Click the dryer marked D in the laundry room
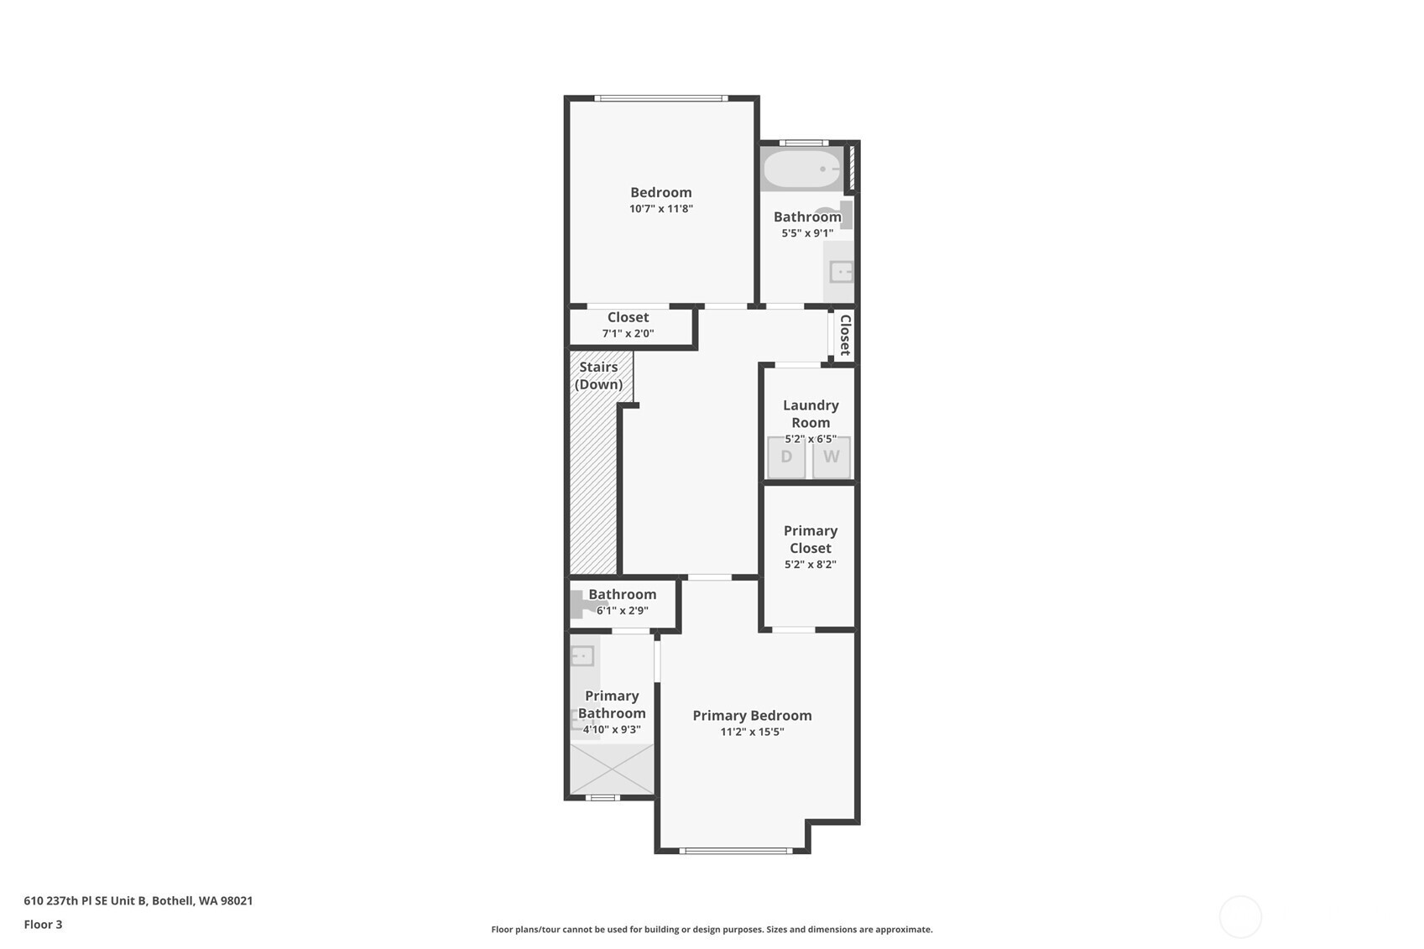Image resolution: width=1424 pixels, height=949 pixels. [x=786, y=457]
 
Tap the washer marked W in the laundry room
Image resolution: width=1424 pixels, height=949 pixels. [x=832, y=457]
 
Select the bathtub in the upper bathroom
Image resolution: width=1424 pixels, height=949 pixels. [x=803, y=169]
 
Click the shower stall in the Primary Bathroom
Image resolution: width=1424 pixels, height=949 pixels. [x=612, y=769]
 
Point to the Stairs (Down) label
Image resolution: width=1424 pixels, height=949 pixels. [x=598, y=376]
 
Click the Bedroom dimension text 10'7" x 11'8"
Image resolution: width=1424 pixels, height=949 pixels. [x=661, y=208]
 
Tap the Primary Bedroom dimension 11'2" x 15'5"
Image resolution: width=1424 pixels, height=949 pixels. [x=752, y=732]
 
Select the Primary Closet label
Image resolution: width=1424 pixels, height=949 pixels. [x=811, y=539]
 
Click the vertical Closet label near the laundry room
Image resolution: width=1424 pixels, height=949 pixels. [x=845, y=335]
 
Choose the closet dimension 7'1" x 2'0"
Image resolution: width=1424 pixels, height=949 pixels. [x=628, y=333]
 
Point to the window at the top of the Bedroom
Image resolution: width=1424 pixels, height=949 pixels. [x=661, y=98]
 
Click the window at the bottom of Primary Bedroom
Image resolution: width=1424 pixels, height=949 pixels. [x=736, y=851]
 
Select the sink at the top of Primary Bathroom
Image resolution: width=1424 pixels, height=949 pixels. [x=582, y=656]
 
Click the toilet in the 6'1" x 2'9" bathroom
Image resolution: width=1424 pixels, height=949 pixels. [x=581, y=604]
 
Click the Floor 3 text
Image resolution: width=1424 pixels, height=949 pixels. [x=44, y=924]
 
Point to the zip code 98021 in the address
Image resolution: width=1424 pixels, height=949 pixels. [x=237, y=900]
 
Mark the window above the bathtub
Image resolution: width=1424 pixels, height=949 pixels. [x=804, y=143]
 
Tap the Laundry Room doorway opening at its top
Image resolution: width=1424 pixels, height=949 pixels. [x=798, y=365]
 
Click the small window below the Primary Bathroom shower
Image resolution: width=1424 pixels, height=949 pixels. [x=602, y=798]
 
